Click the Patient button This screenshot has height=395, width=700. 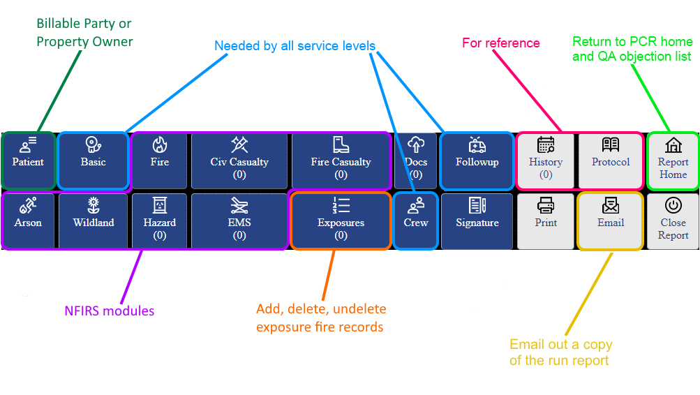tap(28, 161)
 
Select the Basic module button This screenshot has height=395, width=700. tap(94, 161)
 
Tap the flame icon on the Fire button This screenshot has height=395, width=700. tap(159, 144)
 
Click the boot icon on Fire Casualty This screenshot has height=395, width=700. tap(341, 144)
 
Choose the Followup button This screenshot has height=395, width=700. tap(477, 161)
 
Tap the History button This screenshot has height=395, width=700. tap(546, 161)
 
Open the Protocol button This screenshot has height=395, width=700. tap(611, 161)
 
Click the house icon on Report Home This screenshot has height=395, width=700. tap(673, 144)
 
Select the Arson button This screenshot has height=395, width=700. tap(28, 221)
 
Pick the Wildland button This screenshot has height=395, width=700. tap(94, 221)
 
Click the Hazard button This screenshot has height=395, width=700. tap(159, 221)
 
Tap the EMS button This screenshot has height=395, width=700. tap(239, 221)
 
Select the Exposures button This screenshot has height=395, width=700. tap(341, 221)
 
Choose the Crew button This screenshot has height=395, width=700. tap(416, 221)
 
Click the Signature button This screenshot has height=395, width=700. tap(477, 221)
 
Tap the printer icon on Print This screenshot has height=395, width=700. tap(546, 205)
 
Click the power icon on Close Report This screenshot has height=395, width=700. tap(673, 205)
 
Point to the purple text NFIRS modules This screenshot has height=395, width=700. tap(110, 311)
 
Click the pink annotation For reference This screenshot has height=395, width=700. tap(501, 43)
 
